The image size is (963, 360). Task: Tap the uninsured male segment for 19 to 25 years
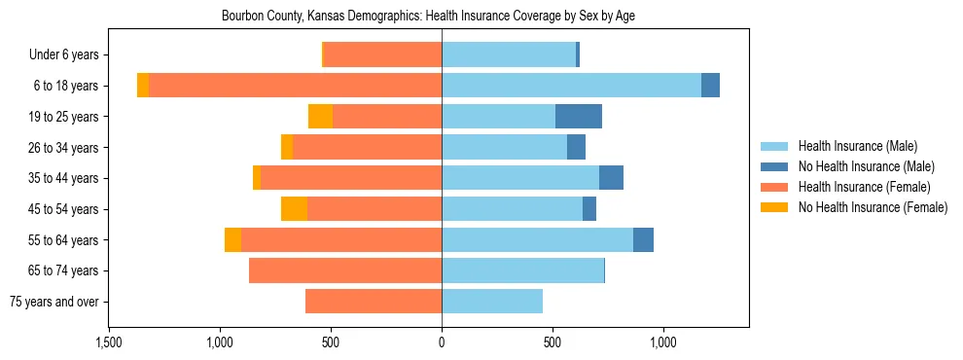pyautogui.click(x=578, y=117)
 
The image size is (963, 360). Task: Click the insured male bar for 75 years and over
pyautogui.click(x=492, y=302)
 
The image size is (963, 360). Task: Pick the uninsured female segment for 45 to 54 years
pyautogui.click(x=294, y=209)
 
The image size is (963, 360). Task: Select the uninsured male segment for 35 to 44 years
pyautogui.click(x=611, y=178)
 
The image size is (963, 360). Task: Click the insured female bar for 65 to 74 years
pyautogui.click(x=345, y=270)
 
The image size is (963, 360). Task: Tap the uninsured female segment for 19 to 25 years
pyautogui.click(x=320, y=117)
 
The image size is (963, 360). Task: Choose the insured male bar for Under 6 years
pyautogui.click(x=509, y=55)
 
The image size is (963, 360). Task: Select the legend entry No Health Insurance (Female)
pyautogui.click(x=873, y=207)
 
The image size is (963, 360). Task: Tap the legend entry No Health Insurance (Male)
pyautogui.click(x=866, y=167)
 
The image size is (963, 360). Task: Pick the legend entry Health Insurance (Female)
pyautogui.click(x=865, y=187)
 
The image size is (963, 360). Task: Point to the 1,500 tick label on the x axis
pyautogui.click(x=109, y=342)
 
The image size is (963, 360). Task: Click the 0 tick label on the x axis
pyautogui.click(x=442, y=342)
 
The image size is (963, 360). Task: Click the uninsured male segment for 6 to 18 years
pyautogui.click(x=710, y=86)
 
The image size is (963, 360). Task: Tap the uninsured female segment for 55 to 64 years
pyautogui.click(x=232, y=240)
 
